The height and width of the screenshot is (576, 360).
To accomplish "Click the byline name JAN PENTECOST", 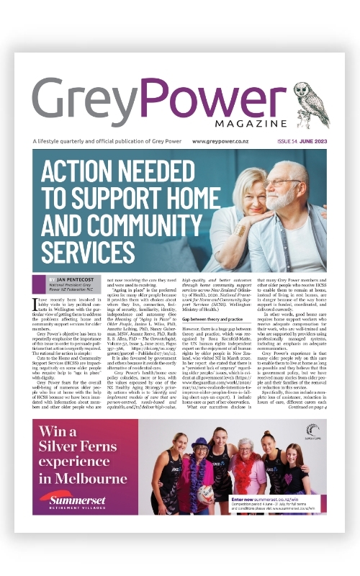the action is [x=82, y=277].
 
